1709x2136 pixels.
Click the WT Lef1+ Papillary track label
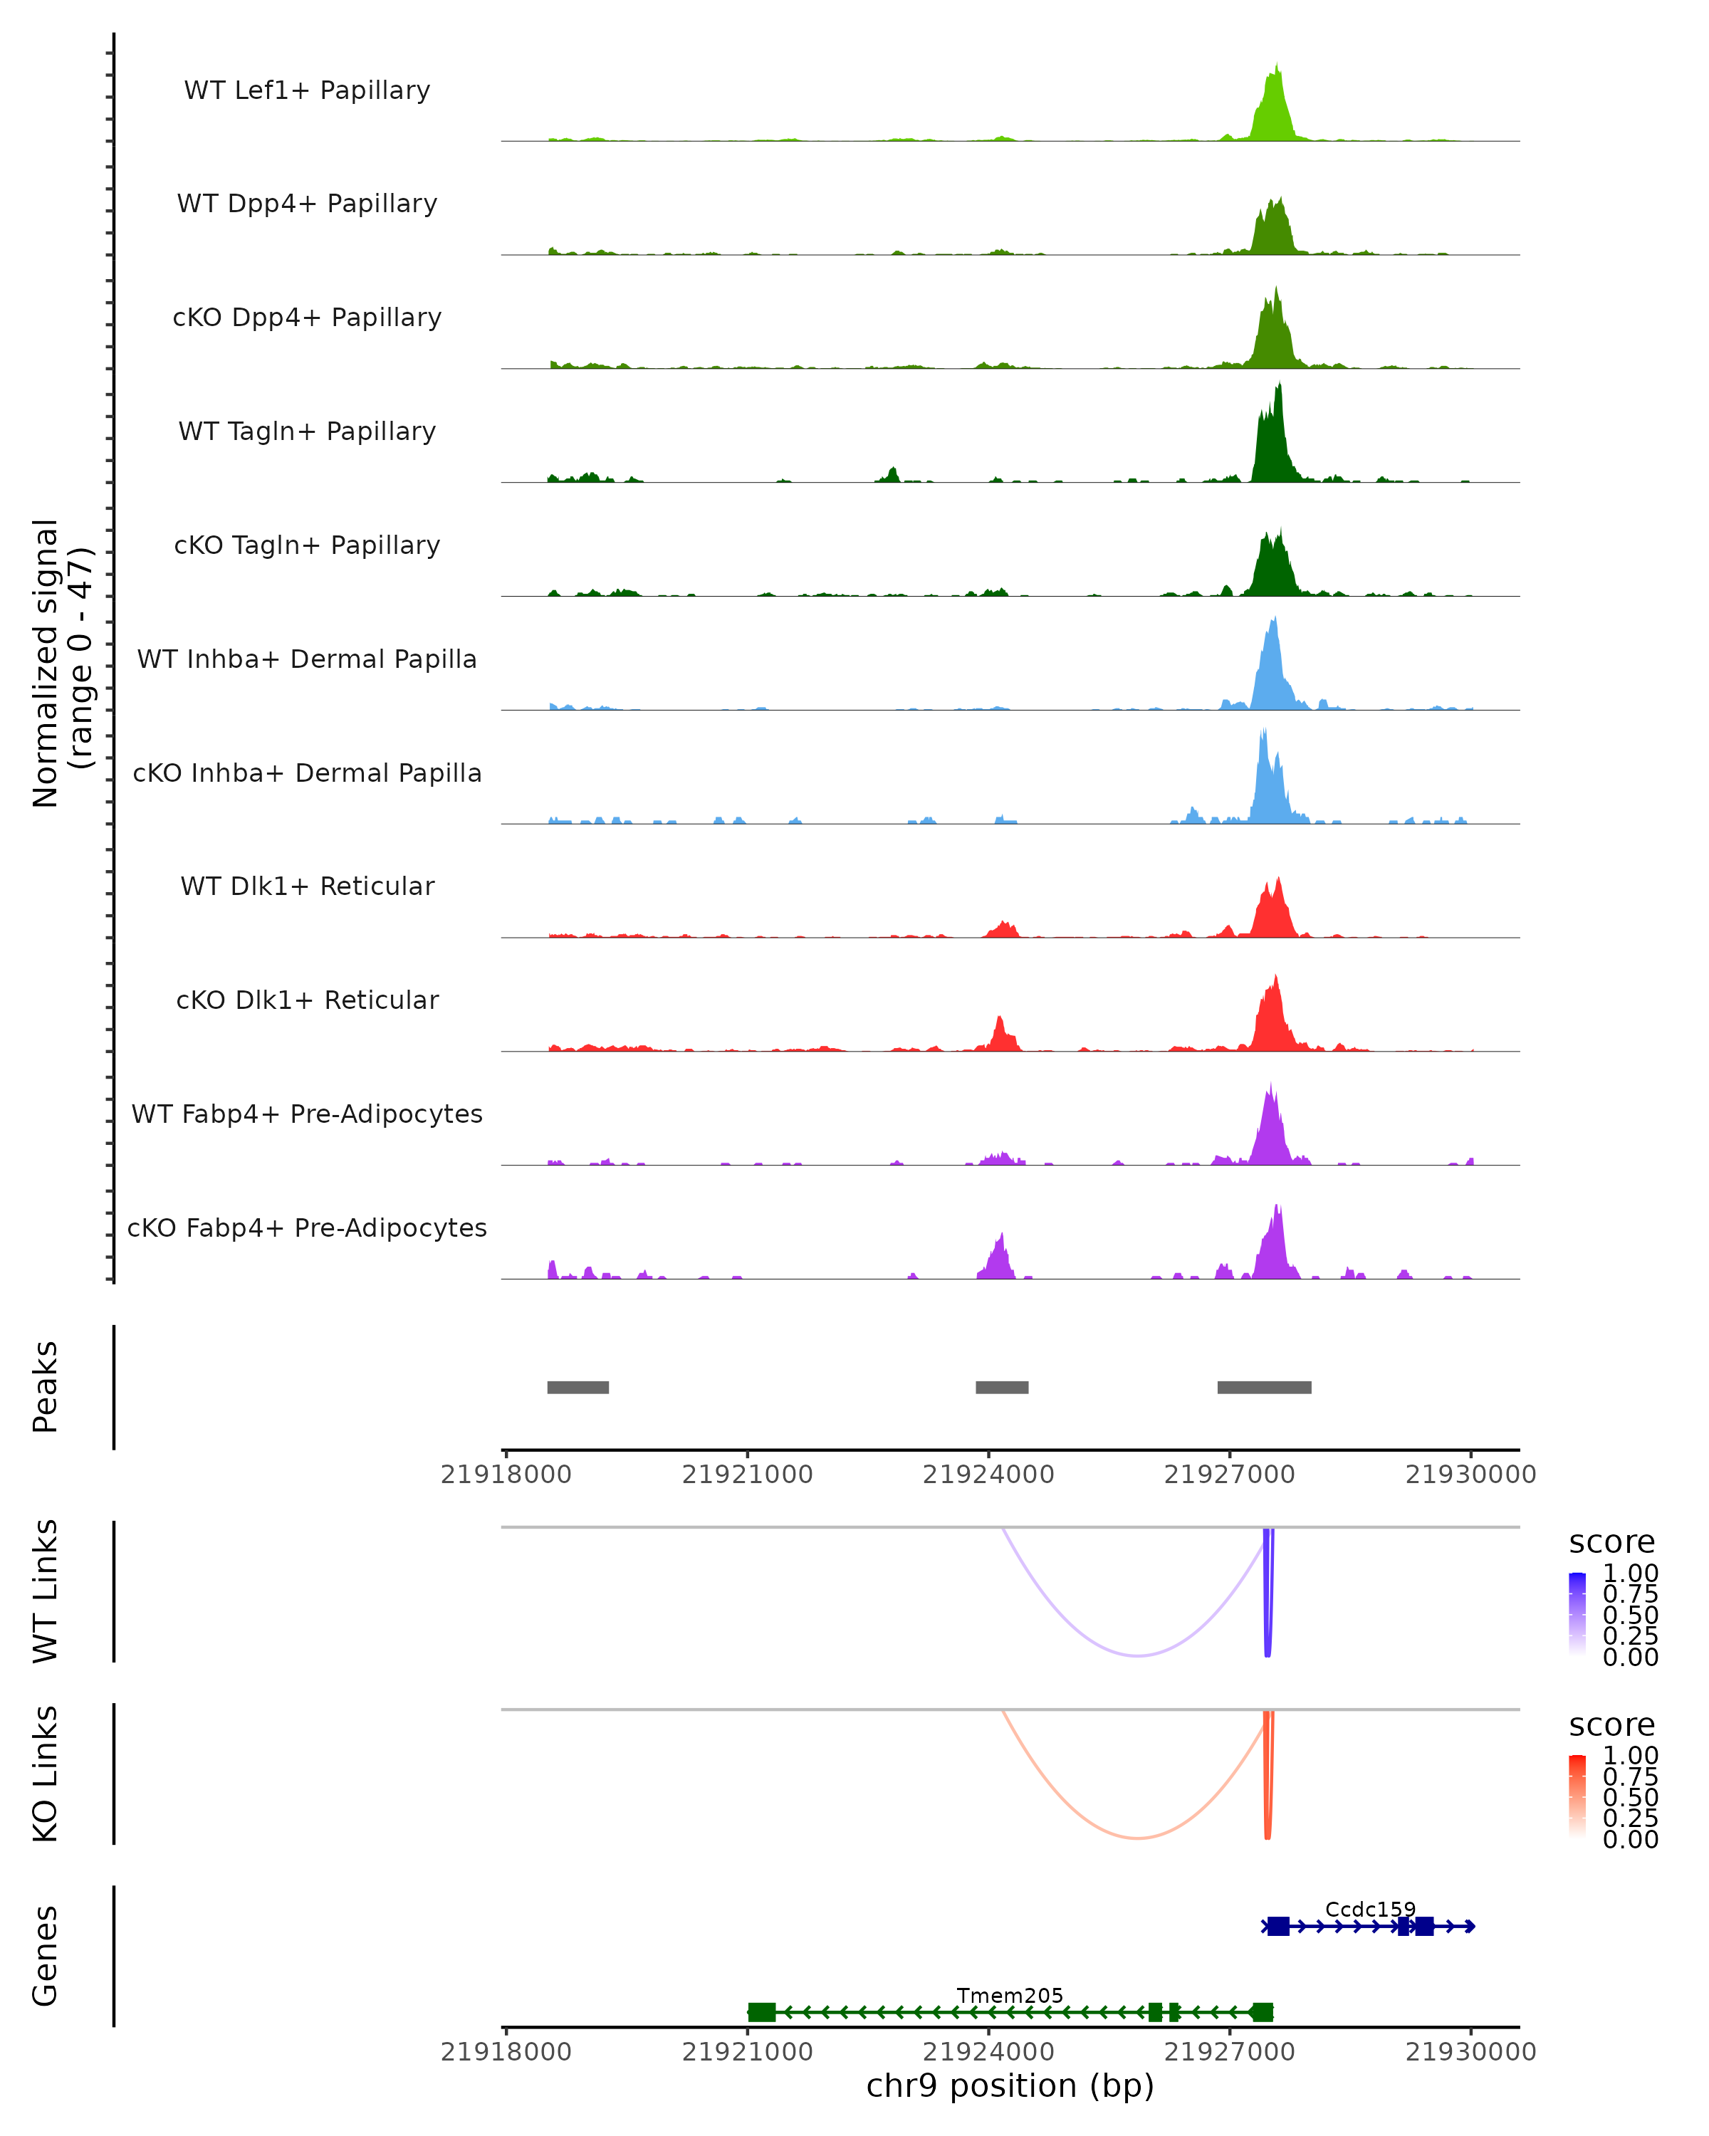tap(307, 90)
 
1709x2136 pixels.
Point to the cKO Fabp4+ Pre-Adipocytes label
tap(307, 1227)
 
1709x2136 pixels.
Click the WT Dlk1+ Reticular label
tap(307, 886)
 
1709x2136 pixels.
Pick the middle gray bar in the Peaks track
tap(1002, 1387)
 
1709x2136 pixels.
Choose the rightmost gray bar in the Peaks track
tap(1264, 1387)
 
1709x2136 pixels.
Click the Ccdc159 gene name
tap(1370, 1909)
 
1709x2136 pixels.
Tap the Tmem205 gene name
tap(1010, 1995)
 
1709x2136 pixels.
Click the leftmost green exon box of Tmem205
tap(761, 2012)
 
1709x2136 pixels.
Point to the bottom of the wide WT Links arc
tap(1139, 1655)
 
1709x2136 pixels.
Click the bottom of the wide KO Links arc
tap(1139, 1838)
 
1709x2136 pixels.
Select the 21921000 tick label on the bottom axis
tap(747, 2052)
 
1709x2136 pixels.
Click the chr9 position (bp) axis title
tap(1010, 2086)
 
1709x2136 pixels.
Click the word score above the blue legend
tap(1612, 1543)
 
